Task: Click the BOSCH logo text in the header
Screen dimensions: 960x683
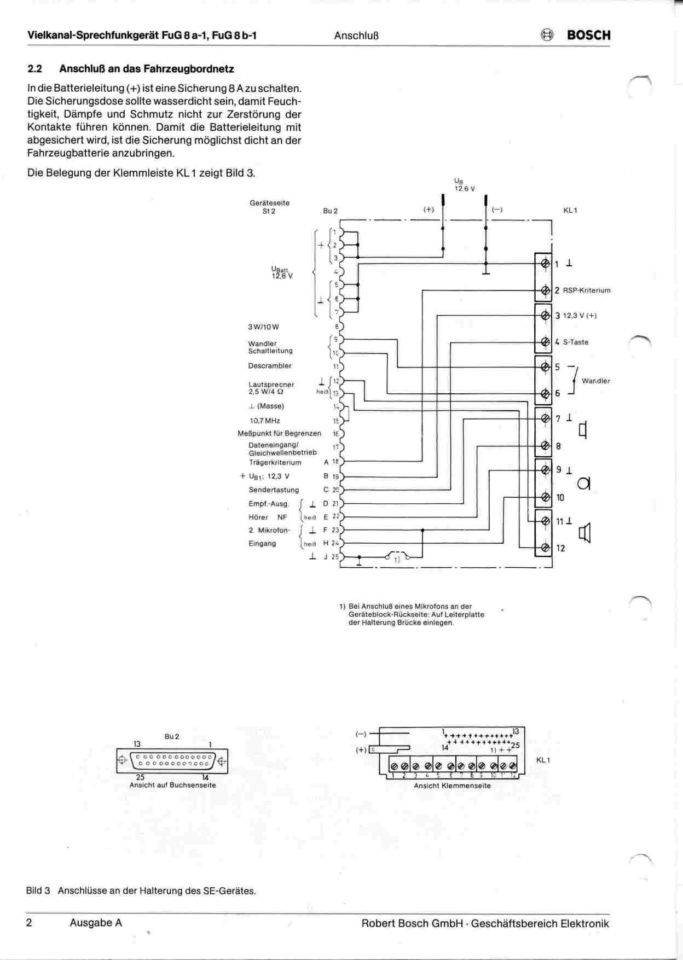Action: click(588, 35)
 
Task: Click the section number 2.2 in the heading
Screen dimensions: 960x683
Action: click(34, 69)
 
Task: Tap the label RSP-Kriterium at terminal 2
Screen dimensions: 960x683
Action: click(586, 290)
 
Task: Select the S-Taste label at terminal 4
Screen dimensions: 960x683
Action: click(575, 342)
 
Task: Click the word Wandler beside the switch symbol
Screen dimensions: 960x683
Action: click(595, 381)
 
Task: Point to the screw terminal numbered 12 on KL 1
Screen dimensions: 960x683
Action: click(545, 548)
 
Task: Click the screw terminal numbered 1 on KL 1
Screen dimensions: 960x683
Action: click(545, 264)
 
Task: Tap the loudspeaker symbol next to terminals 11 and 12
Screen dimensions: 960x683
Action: click(586, 533)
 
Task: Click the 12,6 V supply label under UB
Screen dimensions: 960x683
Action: click(465, 189)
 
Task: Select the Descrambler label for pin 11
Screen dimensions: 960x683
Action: click(270, 366)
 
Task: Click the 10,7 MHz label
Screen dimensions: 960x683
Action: click(265, 421)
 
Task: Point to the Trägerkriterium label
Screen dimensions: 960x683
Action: click(275, 462)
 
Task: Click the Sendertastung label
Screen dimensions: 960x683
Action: click(274, 490)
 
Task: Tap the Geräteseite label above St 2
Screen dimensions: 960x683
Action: click(269, 203)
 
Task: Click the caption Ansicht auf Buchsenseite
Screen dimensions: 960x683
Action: click(172, 785)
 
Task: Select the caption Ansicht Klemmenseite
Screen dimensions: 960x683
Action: click(452, 786)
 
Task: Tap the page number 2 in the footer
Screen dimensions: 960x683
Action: click(29, 923)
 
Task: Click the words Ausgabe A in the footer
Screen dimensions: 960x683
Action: click(96, 923)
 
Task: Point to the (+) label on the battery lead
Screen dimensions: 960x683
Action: click(429, 210)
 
